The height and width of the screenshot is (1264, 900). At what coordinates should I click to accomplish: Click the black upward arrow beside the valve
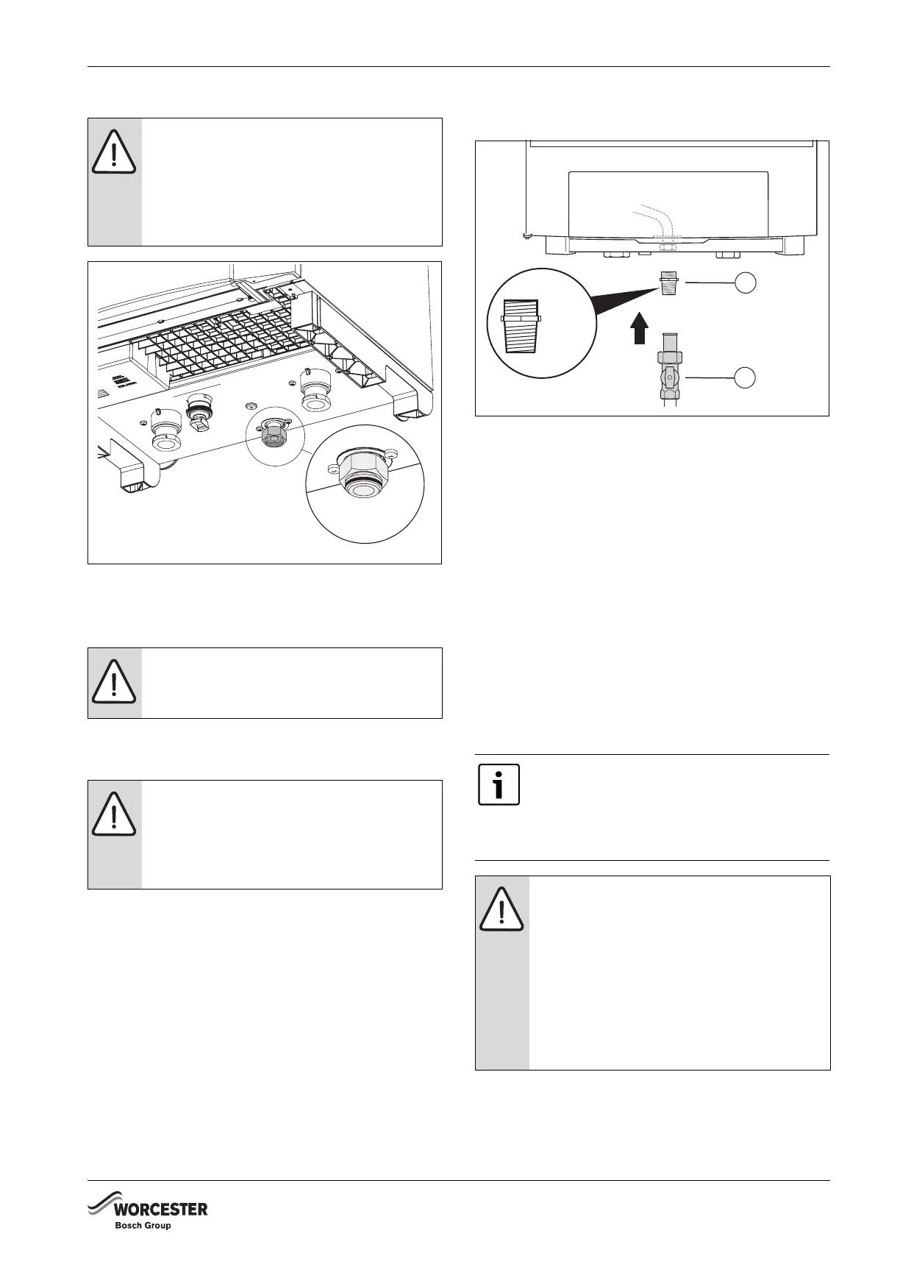tap(640, 329)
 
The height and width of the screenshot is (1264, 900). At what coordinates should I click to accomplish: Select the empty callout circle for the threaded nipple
tap(746, 283)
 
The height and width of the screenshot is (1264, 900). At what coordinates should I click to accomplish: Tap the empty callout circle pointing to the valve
tap(746, 377)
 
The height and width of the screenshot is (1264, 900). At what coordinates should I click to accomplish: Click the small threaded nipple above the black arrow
tap(669, 284)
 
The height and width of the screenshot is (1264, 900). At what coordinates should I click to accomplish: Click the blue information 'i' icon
tap(499, 784)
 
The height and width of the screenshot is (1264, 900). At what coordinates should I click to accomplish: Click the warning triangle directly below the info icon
tap(501, 910)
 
